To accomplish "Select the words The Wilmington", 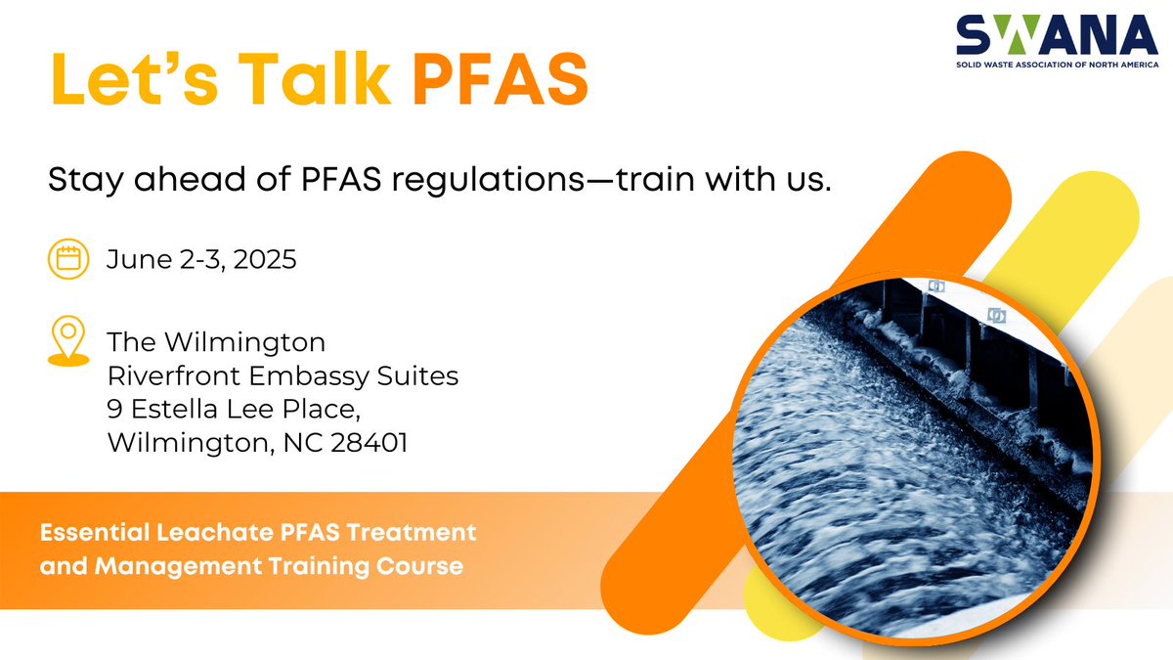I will (216, 342).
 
